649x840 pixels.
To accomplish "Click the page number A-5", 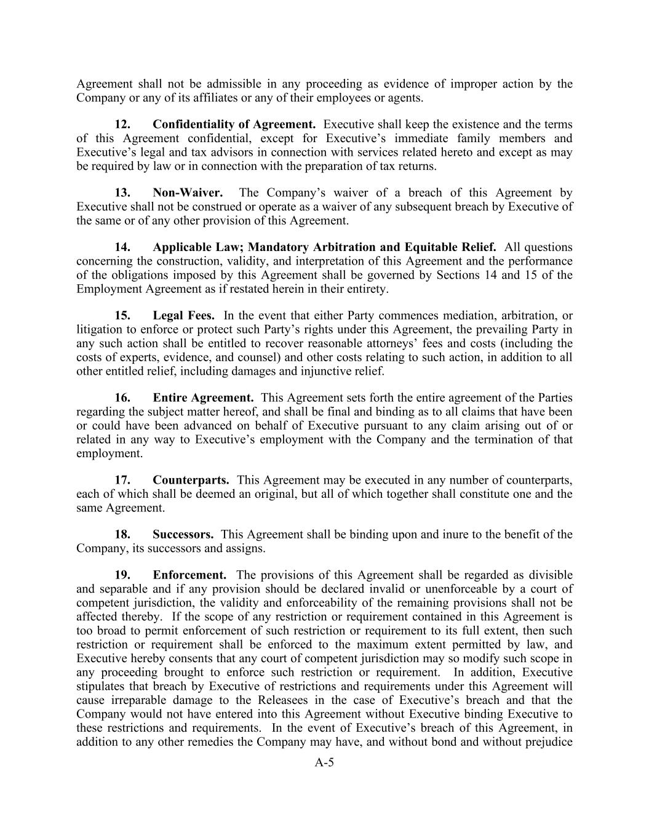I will pyautogui.click(x=324, y=763).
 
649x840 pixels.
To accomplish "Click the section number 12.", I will pyautogui.click(x=122, y=124).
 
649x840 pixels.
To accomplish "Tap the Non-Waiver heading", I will pyautogui.click(x=188, y=193).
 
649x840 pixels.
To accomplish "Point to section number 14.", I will pyautogui.click(x=122, y=247).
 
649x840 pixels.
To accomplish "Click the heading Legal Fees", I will pyautogui.click(x=183, y=316).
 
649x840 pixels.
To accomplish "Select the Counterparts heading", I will pyautogui.click(x=191, y=480).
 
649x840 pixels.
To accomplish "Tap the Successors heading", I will pyautogui.click(x=183, y=535).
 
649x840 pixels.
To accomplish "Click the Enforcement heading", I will pyautogui.click(x=189, y=575).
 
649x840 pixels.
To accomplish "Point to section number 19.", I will pyautogui.click(x=122, y=575).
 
